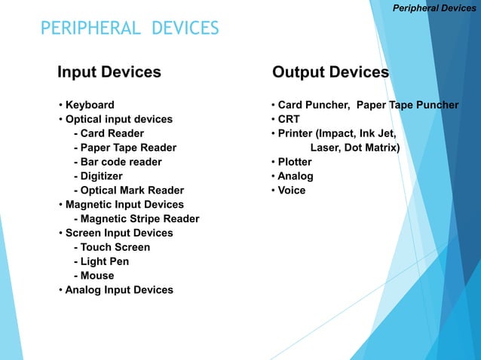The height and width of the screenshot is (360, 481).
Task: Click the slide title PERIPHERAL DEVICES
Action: click(130, 29)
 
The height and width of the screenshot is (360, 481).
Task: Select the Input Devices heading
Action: click(109, 72)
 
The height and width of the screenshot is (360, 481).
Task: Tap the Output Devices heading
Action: click(330, 72)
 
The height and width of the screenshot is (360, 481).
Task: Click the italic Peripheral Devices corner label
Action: click(435, 8)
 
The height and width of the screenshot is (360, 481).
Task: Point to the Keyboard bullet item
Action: click(90, 105)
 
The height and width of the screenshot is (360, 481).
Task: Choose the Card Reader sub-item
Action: click(112, 133)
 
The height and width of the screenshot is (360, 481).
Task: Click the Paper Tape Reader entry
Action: click(128, 148)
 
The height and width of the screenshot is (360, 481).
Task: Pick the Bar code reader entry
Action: click(121, 162)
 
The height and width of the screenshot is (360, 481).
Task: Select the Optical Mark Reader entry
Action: click(132, 191)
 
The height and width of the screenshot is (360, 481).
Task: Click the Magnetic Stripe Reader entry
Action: click(139, 219)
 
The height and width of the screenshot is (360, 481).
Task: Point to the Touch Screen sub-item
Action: click(115, 247)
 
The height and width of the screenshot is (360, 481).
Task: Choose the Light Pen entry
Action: click(104, 261)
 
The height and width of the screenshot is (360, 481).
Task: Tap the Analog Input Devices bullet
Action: click(119, 290)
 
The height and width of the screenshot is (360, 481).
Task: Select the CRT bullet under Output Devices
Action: click(288, 119)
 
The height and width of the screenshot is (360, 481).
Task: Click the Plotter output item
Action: click(294, 162)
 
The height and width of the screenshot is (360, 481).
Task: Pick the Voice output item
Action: click(291, 191)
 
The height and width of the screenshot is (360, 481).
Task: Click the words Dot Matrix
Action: click(372, 148)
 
